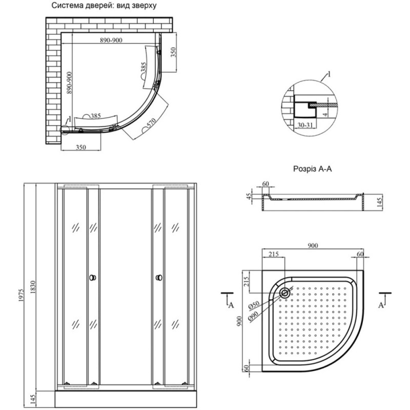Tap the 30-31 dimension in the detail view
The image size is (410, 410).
pos(306,125)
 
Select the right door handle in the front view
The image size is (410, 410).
pos(158,277)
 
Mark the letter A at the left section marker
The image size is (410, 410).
pos(231,305)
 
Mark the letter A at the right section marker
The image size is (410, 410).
pos(381,305)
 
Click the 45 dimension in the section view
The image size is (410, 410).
pos(250,196)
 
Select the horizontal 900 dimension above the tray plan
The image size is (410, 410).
pos(313,246)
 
